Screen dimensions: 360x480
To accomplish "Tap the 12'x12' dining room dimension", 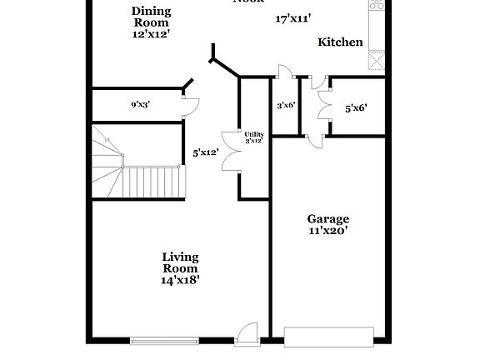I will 152,35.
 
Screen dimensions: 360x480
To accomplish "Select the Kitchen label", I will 340,42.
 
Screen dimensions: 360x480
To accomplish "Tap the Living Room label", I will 180,262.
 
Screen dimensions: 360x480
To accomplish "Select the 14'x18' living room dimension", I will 180,281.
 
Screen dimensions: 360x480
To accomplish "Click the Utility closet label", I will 254,133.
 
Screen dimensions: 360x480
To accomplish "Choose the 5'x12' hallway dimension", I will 205,152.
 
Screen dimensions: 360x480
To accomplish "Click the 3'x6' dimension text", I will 287,105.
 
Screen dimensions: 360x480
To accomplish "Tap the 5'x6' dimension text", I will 356,107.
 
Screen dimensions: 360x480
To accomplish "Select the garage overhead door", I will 330,336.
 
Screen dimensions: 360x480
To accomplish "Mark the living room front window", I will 164,340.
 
